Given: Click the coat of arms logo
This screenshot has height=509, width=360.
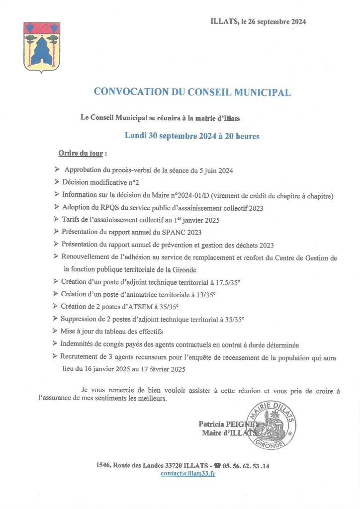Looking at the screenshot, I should click(42, 48).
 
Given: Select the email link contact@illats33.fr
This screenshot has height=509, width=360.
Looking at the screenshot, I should click(188, 474).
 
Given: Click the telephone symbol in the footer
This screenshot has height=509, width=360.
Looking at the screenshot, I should click(217, 466).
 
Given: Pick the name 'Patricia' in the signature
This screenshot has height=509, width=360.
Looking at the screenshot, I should click(214, 424).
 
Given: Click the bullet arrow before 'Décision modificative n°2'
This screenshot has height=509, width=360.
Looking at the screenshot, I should click(57, 182).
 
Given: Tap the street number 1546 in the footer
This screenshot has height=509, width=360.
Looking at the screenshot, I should click(103, 466).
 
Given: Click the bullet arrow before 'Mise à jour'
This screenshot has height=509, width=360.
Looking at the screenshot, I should click(57, 331).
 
